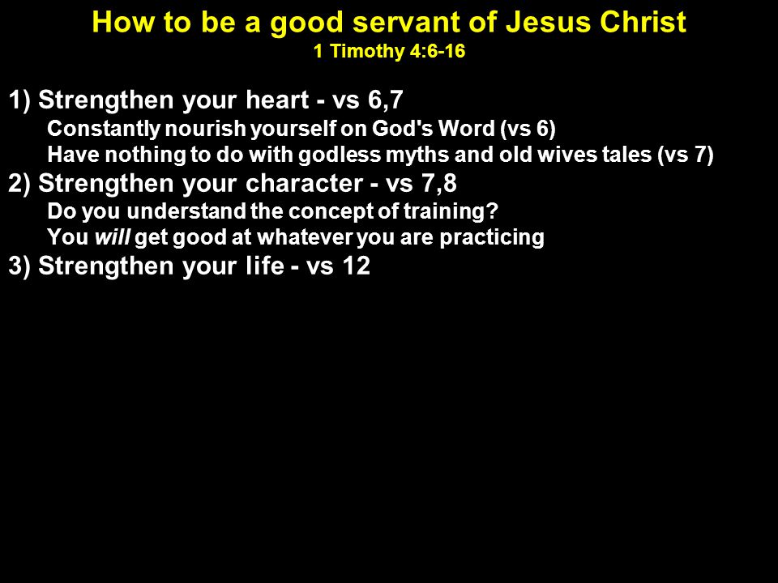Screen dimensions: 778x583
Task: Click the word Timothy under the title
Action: point(368,52)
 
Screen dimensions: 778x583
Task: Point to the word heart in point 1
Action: point(277,100)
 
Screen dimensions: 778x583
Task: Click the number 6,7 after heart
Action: point(386,100)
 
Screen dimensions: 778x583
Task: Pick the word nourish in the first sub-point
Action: point(205,129)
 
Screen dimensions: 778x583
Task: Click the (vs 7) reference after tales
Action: point(686,155)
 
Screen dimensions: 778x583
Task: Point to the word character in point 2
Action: point(304,183)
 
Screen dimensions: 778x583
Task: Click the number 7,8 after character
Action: point(439,183)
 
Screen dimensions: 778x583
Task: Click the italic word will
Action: point(113,237)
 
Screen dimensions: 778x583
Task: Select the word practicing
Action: point(492,237)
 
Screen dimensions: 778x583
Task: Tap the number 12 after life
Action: point(356,266)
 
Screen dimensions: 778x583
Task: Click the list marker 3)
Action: point(19,266)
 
